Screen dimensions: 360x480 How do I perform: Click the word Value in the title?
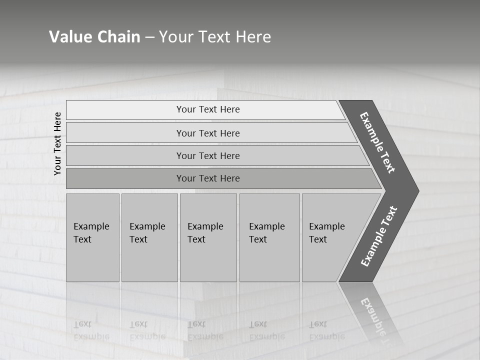coord(69,37)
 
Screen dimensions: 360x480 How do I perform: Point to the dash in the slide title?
coord(149,37)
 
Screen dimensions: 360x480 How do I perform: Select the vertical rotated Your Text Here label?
coord(57,143)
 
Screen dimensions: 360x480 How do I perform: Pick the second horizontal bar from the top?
coord(208,133)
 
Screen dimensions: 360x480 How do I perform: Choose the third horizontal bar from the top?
coord(208,155)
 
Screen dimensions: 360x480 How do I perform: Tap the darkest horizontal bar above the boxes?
coord(208,178)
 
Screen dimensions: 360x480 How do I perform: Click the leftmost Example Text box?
coord(92,237)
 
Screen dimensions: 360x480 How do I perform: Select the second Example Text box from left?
coord(149,237)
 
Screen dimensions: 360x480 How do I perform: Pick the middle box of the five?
coord(208,237)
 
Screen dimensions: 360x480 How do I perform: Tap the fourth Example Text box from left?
coord(269,237)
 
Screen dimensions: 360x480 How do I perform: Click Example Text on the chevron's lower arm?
coord(379,236)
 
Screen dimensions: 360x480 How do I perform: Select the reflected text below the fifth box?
coord(326,330)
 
